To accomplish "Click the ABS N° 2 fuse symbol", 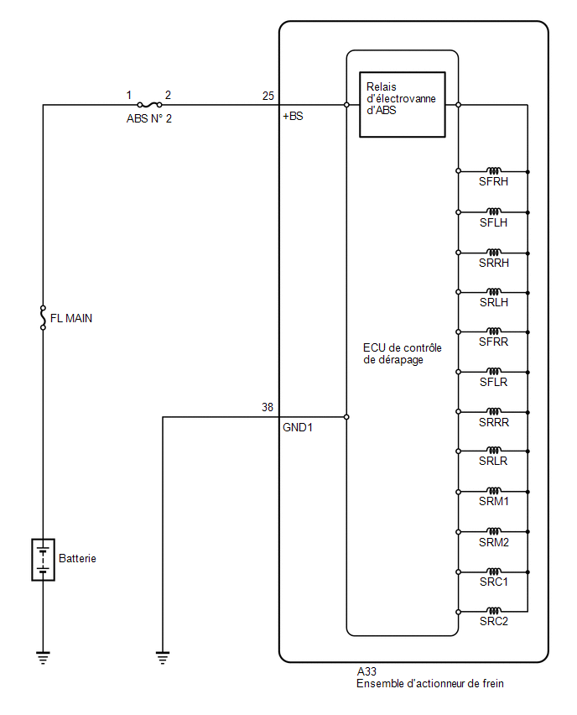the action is click(x=149, y=105).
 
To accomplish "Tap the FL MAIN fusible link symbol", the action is click(x=44, y=317).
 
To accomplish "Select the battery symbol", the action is click(x=44, y=560).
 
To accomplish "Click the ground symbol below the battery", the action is click(x=44, y=658).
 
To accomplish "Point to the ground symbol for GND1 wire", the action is click(x=163, y=658).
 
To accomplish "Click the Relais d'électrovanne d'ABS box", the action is click(x=402, y=104).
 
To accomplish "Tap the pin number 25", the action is click(x=268, y=96).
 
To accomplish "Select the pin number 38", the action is click(x=268, y=407).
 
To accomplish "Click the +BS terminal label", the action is click(x=293, y=116).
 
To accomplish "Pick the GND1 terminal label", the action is click(x=298, y=427).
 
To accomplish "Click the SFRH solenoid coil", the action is click(x=494, y=171).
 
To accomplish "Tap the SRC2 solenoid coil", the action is click(x=494, y=611).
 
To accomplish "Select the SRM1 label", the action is click(x=494, y=501).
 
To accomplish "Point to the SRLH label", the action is click(x=494, y=302).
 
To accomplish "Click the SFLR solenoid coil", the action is click(x=494, y=371).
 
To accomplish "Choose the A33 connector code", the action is click(x=366, y=671).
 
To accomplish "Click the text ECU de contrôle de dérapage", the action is click(x=403, y=354).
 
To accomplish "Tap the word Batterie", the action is click(x=77, y=558).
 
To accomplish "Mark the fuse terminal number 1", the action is click(x=129, y=95).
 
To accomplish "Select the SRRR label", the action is click(x=494, y=422).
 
